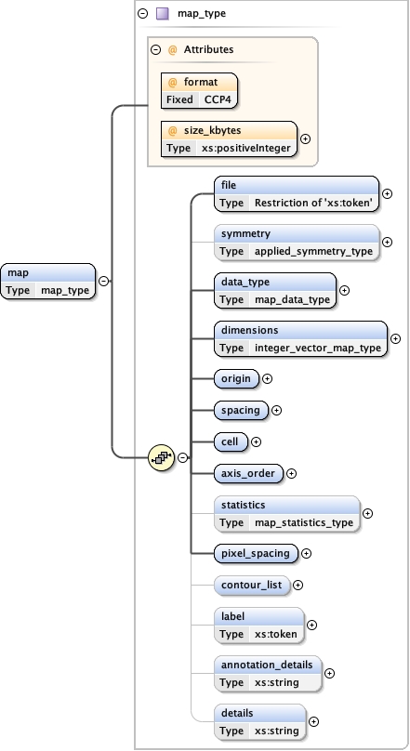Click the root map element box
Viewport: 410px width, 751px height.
click(x=48, y=281)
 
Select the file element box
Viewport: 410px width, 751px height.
click(x=297, y=193)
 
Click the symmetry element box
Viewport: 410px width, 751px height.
click(x=297, y=242)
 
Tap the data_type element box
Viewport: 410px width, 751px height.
click(x=275, y=290)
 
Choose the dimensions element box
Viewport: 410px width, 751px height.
click(x=300, y=338)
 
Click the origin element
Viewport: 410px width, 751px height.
click(x=236, y=378)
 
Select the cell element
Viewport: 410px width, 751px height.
click(x=231, y=441)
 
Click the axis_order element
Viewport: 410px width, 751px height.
click(x=248, y=473)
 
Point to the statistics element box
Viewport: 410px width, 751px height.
click(x=286, y=513)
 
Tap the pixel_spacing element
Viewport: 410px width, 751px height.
click(x=256, y=553)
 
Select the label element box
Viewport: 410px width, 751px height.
click(x=258, y=625)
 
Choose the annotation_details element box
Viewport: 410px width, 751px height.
click(x=268, y=673)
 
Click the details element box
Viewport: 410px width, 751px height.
click(x=259, y=721)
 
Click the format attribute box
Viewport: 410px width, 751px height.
click(x=198, y=90)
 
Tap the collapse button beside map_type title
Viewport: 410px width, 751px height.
click(x=141, y=14)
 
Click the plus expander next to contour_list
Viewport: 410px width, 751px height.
click(x=298, y=586)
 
